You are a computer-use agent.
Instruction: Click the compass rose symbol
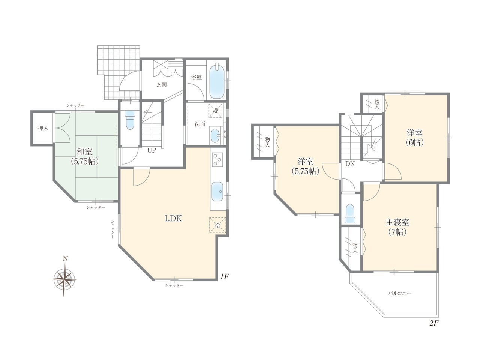(64, 279)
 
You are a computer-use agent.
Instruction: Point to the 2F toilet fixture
(350, 213)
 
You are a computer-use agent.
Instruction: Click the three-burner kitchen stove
(217, 160)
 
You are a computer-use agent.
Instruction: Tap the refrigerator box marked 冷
(217, 225)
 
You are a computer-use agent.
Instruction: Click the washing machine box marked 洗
(215, 111)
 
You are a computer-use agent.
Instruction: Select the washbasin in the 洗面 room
(216, 135)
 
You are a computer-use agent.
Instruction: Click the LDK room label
(173, 219)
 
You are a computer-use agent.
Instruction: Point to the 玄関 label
(161, 84)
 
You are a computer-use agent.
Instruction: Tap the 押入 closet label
(43, 128)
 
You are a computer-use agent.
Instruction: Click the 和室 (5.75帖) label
(84, 156)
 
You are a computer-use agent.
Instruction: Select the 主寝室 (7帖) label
(397, 227)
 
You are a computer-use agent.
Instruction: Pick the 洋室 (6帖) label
(414, 138)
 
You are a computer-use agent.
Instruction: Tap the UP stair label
(151, 150)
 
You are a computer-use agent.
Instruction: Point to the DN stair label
(350, 164)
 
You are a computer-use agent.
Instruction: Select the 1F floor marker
(224, 276)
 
